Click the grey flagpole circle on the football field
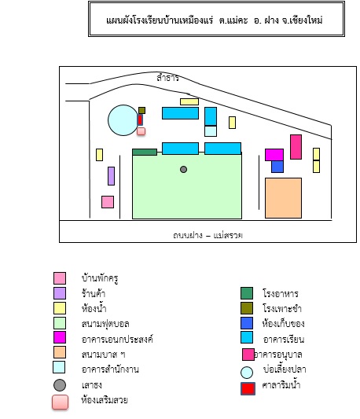(x=183, y=169)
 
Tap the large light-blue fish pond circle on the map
(x=123, y=120)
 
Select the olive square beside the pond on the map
(x=142, y=110)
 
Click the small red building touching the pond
(x=140, y=119)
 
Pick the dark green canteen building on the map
(x=145, y=152)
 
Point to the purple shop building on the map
(x=111, y=176)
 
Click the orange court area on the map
(x=283, y=198)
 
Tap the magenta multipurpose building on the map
(x=274, y=155)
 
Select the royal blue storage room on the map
(x=277, y=167)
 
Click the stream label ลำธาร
(x=167, y=78)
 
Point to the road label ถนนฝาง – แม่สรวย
(x=208, y=235)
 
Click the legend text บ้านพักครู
(x=100, y=278)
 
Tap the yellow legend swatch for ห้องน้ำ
(x=60, y=308)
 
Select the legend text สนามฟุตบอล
(x=105, y=324)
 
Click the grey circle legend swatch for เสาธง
(x=60, y=385)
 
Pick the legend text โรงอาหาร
(x=281, y=294)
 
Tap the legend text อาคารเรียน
(x=284, y=340)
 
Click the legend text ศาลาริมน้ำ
(x=281, y=385)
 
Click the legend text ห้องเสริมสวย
(x=105, y=400)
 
